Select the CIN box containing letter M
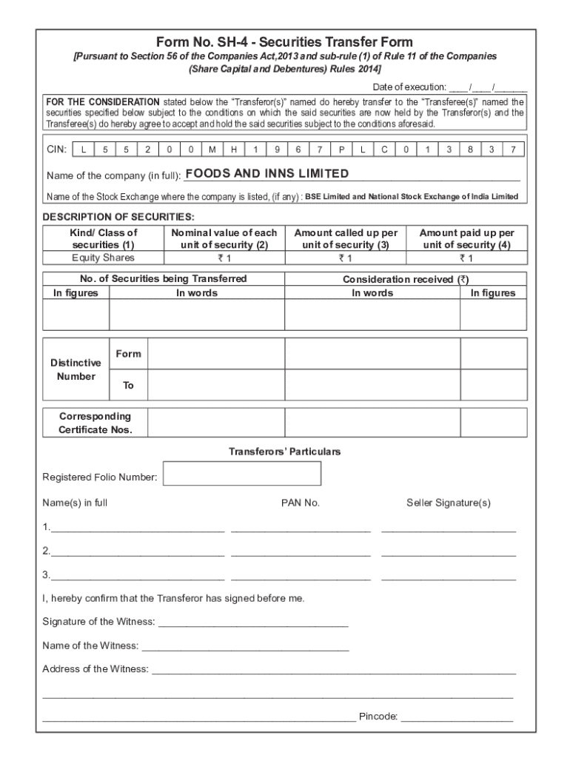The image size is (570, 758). click(212, 150)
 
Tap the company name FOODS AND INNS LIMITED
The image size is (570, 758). click(266, 174)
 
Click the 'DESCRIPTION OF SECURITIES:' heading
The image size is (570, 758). click(118, 217)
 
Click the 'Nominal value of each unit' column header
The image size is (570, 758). click(224, 238)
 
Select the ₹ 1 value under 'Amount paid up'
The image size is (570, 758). click(466, 258)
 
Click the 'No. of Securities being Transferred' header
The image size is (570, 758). click(164, 279)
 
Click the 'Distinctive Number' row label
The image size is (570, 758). click(76, 369)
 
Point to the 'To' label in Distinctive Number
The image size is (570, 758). click(128, 386)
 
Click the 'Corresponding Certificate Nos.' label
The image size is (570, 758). click(95, 423)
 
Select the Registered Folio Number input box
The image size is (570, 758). click(241, 474)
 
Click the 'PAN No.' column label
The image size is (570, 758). click(300, 503)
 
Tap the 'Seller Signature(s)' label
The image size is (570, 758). click(448, 503)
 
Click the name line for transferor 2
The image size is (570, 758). click(137, 551)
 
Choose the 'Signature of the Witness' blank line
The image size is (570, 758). click(253, 622)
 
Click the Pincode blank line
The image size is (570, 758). click(457, 717)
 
